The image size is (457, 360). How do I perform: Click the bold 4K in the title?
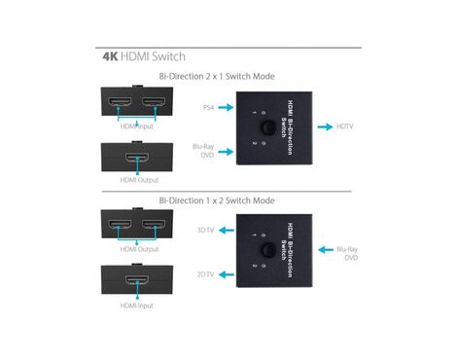tap(110, 56)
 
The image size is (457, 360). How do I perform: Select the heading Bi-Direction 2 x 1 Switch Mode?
tap(217, 77)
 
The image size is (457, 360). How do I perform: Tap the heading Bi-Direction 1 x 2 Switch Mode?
tap(217, 200)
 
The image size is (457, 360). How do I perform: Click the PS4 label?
tap(208, 107)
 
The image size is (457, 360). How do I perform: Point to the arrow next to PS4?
tap(226, 107)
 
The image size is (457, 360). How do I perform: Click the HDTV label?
tap(345, 126)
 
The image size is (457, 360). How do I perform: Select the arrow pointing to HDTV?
tap(325, 126)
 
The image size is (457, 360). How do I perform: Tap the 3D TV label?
tap(205, 231)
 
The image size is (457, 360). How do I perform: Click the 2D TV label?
tap(205, 274)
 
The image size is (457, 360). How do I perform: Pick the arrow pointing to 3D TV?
tap(227, 231)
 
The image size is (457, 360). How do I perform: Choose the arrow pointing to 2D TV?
tap(227, 274)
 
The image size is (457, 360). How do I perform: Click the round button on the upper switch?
tap(268, 127)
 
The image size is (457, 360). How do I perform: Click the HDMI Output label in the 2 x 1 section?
tap(139, 180)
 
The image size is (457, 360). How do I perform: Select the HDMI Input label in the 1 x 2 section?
tap(136, 306)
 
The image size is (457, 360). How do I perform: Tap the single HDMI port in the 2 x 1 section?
tap(137, 158)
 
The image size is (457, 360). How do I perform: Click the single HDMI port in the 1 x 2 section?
tap(137, 280)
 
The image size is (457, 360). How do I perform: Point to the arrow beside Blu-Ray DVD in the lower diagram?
tap(326, 250)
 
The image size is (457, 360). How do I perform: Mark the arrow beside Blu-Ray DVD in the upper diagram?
tap(226, 152)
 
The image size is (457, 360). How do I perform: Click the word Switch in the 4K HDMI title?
tap(168, 56)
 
